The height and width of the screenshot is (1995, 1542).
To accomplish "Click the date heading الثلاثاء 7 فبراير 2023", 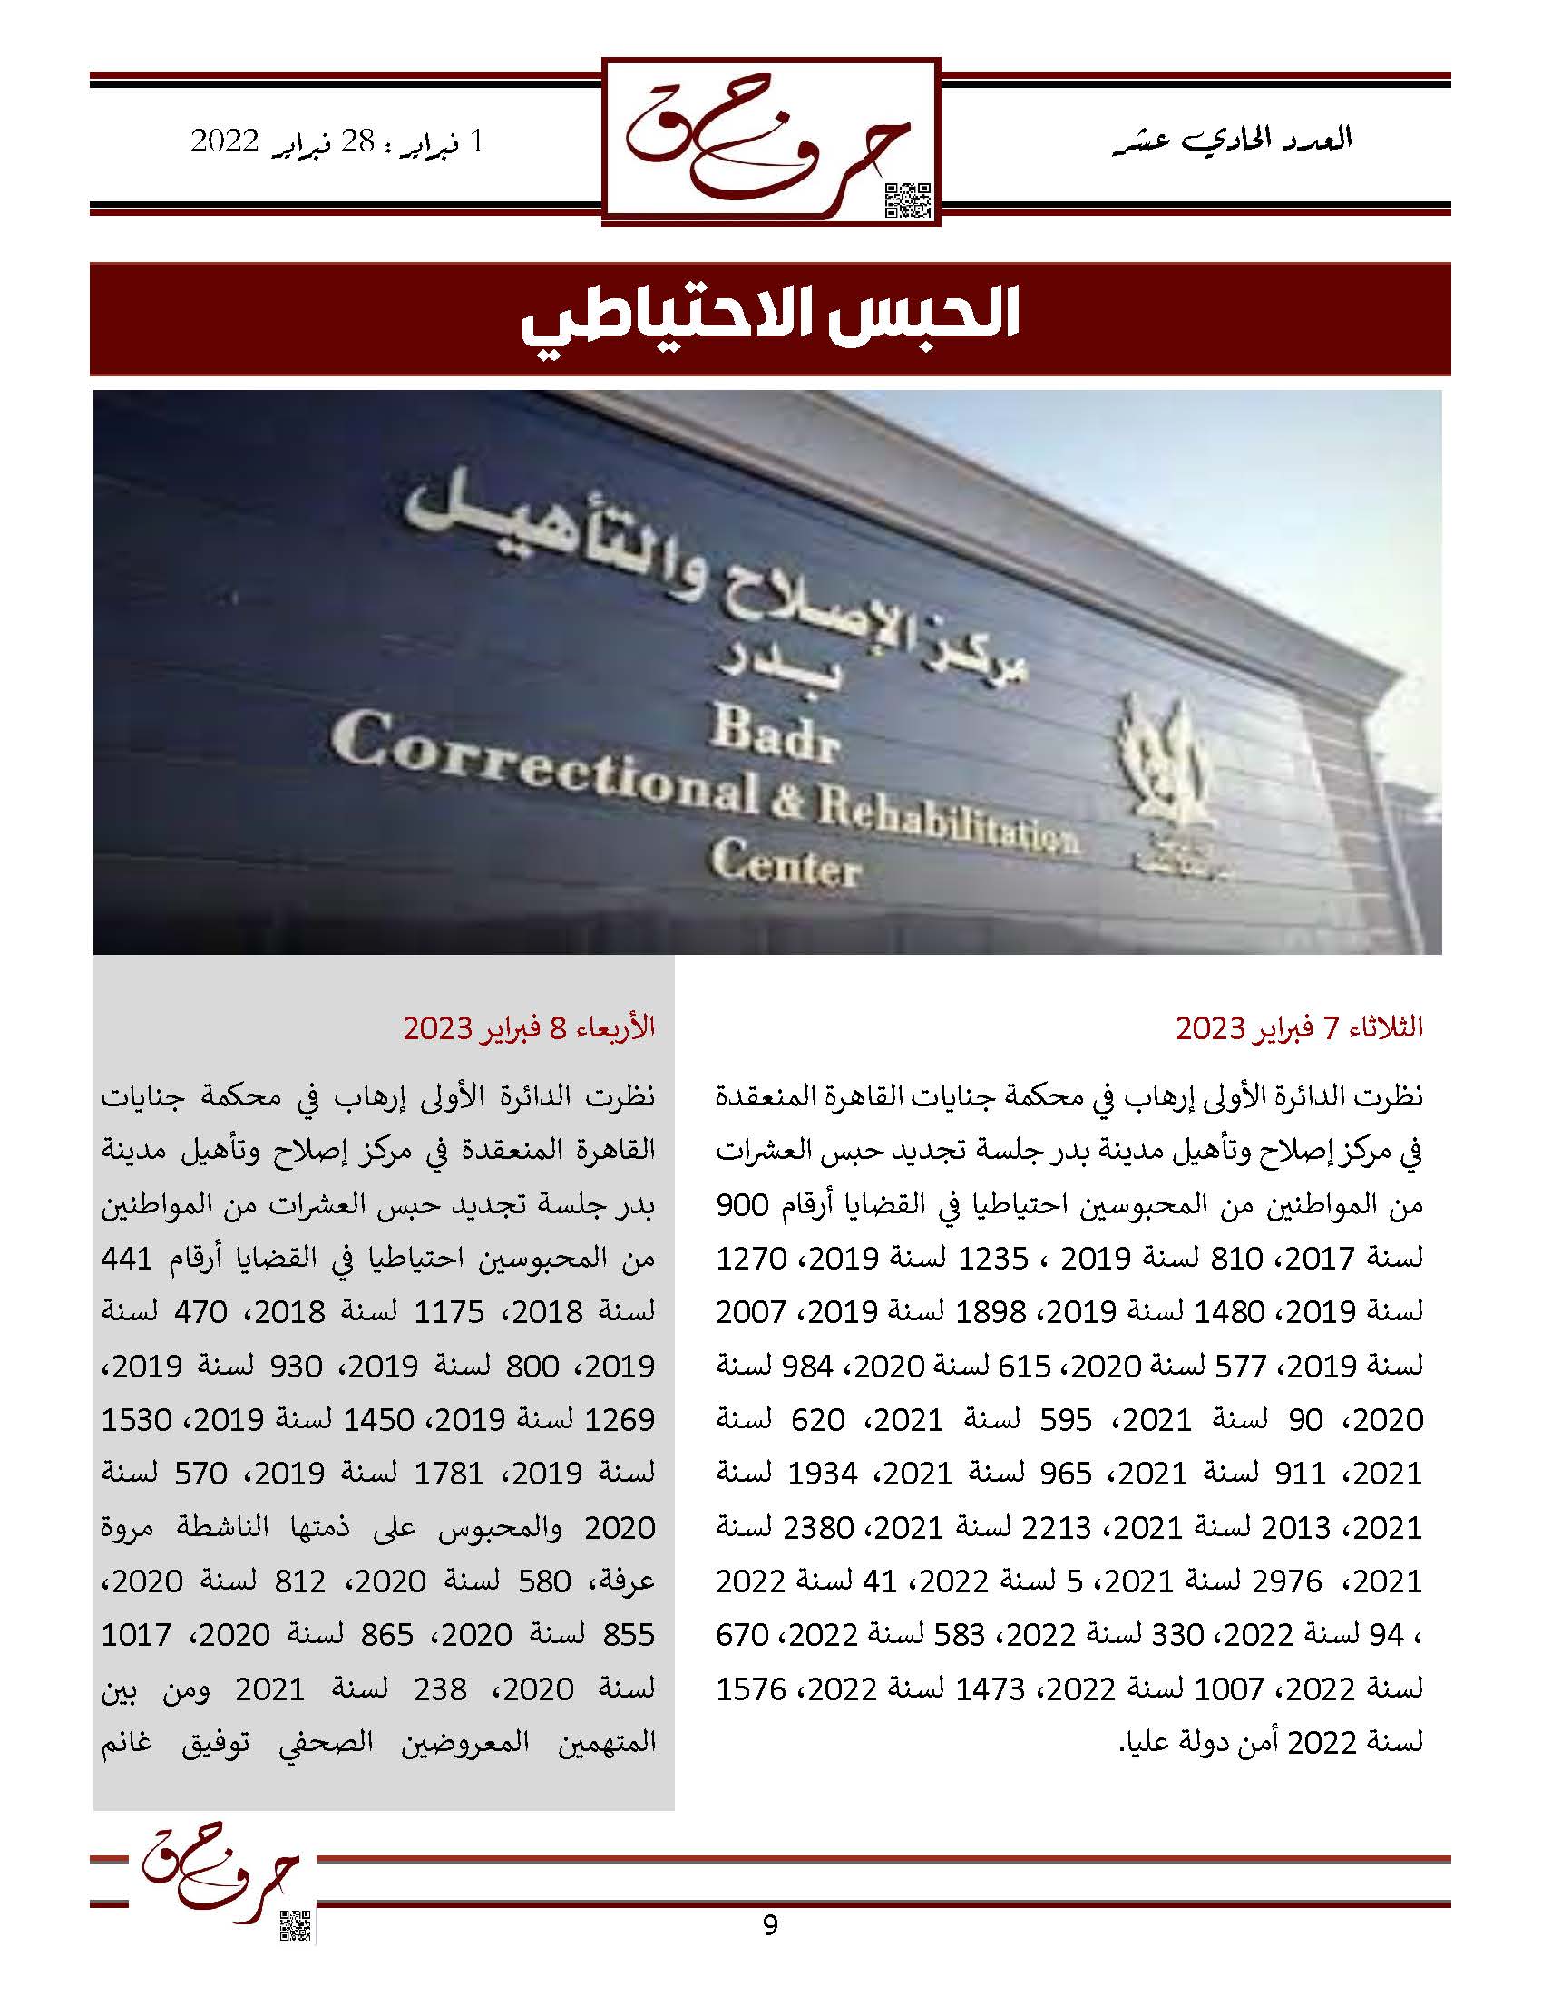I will (1299, 1028).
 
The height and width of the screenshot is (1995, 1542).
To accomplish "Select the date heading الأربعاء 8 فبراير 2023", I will (530, 1028).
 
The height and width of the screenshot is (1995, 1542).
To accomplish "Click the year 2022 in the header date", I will (226, 142).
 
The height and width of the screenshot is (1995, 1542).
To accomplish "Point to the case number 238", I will (433, 1689).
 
